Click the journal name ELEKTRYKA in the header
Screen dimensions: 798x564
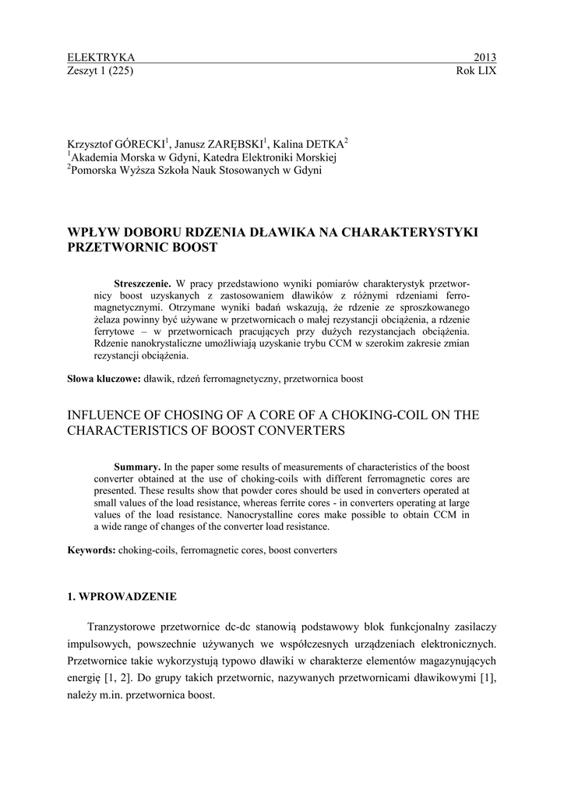coord(101,58)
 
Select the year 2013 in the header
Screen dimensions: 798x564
coord(485,58)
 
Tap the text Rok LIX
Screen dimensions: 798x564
coord(476,71)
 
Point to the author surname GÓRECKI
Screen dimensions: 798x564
coord(139,144)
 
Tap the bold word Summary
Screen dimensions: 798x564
coord(137,466)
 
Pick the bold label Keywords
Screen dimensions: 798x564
coord(91,549)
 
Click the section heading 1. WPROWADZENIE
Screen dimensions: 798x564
coord(122,597)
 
